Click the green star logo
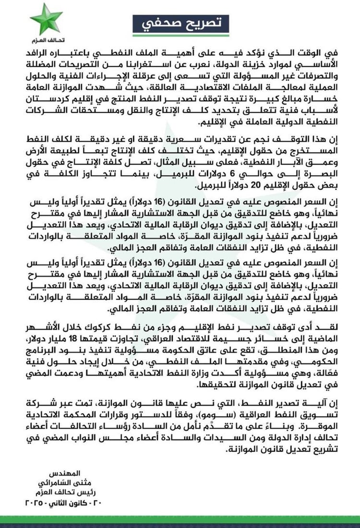[x=46, y=19]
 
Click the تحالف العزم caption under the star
[x=46, y=40]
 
